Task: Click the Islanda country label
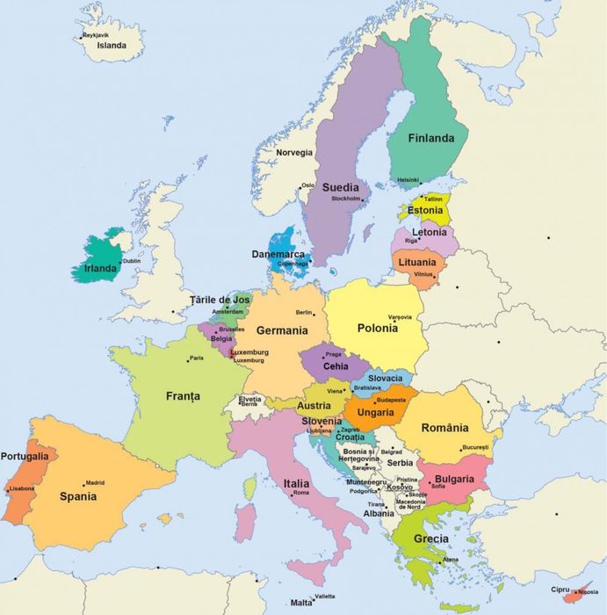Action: coord(112,46)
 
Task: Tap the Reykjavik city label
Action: coord(96,35)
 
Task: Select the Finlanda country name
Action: coord(430,138)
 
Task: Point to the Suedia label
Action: coord(340,187)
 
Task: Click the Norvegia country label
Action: coord(294,153)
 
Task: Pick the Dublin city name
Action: coord(132,261)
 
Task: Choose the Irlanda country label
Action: coord(100,268)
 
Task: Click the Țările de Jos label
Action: coord(220,300)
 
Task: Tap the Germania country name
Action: coord(282,331)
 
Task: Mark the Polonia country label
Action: coord(378,328)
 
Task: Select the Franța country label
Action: coord(183,396)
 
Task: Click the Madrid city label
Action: coord(95,482)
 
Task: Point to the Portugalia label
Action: coord(25,456)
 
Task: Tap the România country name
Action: coord(444,428)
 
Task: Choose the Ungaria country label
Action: coord(376,412)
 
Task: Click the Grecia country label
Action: coord(431,539)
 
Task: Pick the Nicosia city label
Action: coord(588,591)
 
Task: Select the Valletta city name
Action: coord(324,597)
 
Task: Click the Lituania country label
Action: coord(416,263)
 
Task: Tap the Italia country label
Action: coord(296,483)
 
